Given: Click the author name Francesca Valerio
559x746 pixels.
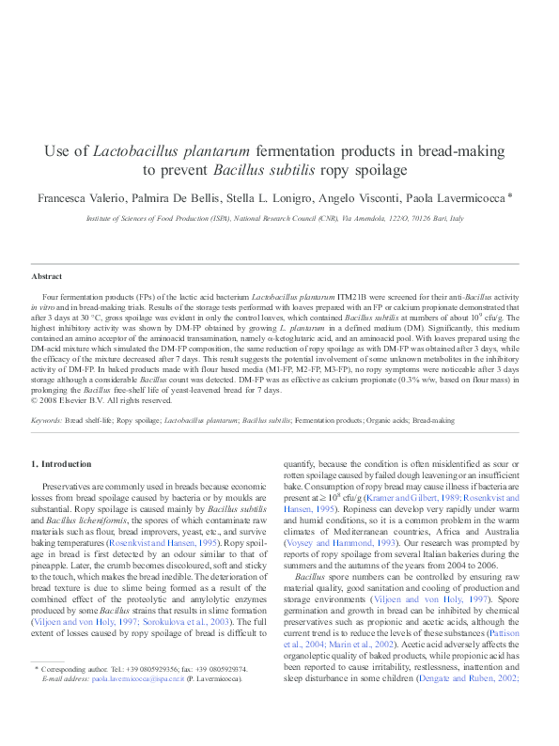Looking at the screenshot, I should tap(80, 198).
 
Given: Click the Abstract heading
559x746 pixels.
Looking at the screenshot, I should tap(47, 276).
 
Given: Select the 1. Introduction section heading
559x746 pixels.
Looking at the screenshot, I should tap(62, 464).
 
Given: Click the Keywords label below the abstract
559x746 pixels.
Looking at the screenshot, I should tap(47, 420).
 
